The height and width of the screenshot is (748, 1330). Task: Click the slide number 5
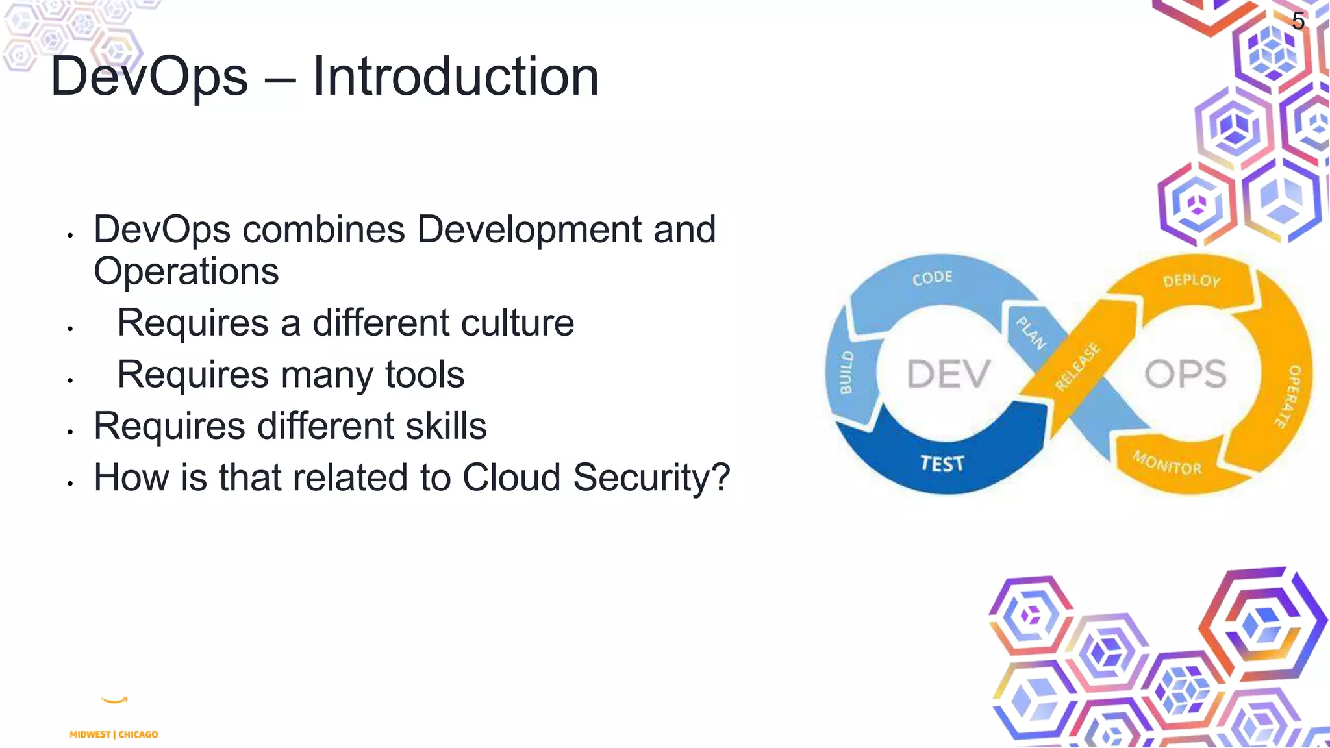point(1298,21)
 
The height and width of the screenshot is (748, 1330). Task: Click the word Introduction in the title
point(455,77)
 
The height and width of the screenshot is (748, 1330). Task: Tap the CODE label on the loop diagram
point(932,278)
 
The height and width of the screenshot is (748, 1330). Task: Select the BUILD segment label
point(846,373)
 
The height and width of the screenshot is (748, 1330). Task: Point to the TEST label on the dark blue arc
point(942,464)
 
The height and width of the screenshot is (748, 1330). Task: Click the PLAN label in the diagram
point(1031,332)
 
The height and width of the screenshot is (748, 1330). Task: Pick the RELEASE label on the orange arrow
point(1077,367)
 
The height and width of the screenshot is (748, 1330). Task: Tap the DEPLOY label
point(1192,280)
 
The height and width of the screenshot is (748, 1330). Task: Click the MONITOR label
point(1167,463)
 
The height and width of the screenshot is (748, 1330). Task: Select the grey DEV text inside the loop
point(948,374)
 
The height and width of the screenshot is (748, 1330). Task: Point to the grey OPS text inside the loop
point(1185,374)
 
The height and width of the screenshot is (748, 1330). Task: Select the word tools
point(425,375)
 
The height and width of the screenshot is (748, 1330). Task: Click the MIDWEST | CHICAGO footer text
point(114,734)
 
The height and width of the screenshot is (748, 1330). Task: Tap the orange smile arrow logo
point(115,700)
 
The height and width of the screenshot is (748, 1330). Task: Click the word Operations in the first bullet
point(186,271)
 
